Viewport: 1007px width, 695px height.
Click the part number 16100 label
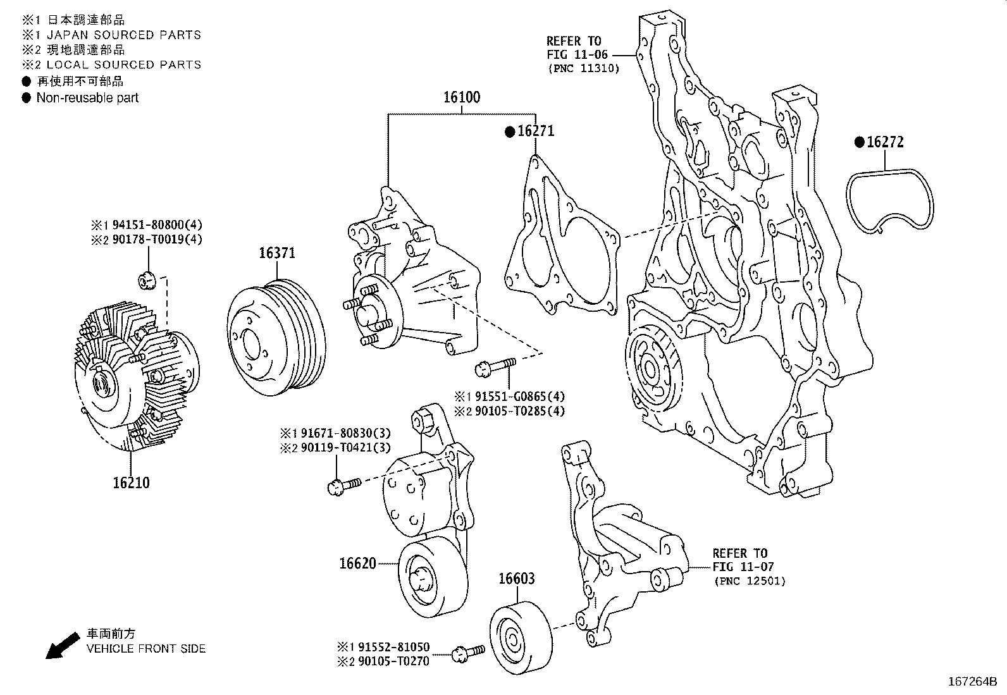461,97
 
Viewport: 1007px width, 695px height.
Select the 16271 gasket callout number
535,131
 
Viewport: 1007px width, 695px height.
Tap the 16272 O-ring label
885,142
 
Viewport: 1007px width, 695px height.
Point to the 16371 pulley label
276,253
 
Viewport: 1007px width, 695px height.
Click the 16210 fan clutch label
132,483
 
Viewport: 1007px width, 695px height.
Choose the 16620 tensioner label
357,563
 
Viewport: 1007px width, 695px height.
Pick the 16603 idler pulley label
516,579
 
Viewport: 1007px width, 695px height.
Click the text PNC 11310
583,68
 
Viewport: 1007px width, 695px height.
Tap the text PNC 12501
749,581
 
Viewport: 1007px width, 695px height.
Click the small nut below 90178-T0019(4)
147,280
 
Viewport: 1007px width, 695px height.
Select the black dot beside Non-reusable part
26,98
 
